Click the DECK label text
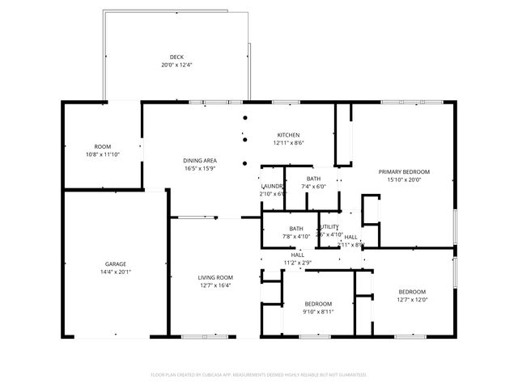coord(176,57)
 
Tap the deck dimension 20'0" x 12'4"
coord(176,65)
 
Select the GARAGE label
coord(115,264)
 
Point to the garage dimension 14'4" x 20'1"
coord(115,272)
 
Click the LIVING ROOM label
coord(215,277)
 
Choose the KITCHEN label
coord(289,134)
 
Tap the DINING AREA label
coord(199,160)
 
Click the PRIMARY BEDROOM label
coord(405,171)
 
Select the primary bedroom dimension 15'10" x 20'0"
coord(405,179)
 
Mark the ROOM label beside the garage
coord(102,146)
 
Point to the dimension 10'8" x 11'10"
coord(102,154)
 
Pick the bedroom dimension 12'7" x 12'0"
coord(411,299)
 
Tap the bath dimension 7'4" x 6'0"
coord(313,187)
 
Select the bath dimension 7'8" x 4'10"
coord(296,237)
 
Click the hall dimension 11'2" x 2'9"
coord(298,263)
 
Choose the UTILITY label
coord(329,227)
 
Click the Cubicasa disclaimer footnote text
coord(259,375)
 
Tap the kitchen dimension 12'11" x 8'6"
coord(289,143)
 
